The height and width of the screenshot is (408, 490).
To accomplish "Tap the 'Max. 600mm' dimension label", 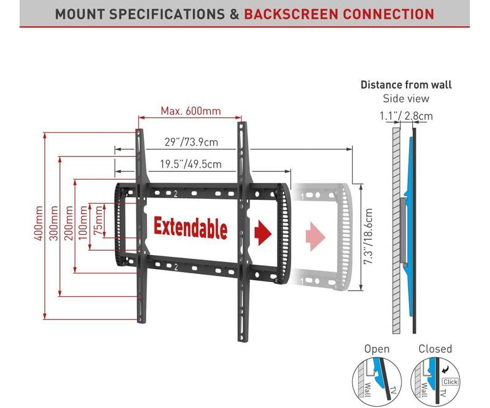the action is click(x=190, y=111).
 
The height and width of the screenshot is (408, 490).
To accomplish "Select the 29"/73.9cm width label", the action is click(x=191, y=142).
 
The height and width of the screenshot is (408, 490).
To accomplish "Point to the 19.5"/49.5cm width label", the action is click(x=190, y=164).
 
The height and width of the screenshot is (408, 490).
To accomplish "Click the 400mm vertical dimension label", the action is click(x=39, y=223).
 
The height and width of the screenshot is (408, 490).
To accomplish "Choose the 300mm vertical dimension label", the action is click(x=54, y=223).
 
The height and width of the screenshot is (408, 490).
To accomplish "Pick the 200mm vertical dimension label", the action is click(x=69, y=223).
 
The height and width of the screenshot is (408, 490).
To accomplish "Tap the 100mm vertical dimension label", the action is click(x=83, y=223).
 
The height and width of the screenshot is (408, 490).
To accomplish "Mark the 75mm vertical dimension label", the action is click(x=99, y=220).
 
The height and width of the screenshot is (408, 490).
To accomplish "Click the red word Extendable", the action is click(x=190, y=228).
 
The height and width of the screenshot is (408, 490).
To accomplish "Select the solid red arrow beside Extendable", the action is click(x=263, y=233).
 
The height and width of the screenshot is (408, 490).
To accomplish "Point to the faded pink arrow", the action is click(x=315, y=236).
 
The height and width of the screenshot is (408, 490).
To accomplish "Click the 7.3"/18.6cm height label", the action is click(x=369, y=236).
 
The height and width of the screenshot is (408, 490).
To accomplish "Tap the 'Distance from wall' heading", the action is click(x=406, y=84).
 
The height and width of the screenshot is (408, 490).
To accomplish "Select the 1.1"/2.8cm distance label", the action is click(x=406, y=116).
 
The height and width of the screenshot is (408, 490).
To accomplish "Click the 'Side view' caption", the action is click(x=406, y=98).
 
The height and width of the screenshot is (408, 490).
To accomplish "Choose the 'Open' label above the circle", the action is click(x=377, y=349).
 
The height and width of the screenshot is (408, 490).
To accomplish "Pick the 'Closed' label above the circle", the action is click(x=435, y=349).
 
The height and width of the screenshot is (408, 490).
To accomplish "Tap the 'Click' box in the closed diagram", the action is click(x=450, y=382).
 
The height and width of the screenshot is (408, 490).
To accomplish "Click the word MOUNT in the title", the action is click(x=80, y=14).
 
